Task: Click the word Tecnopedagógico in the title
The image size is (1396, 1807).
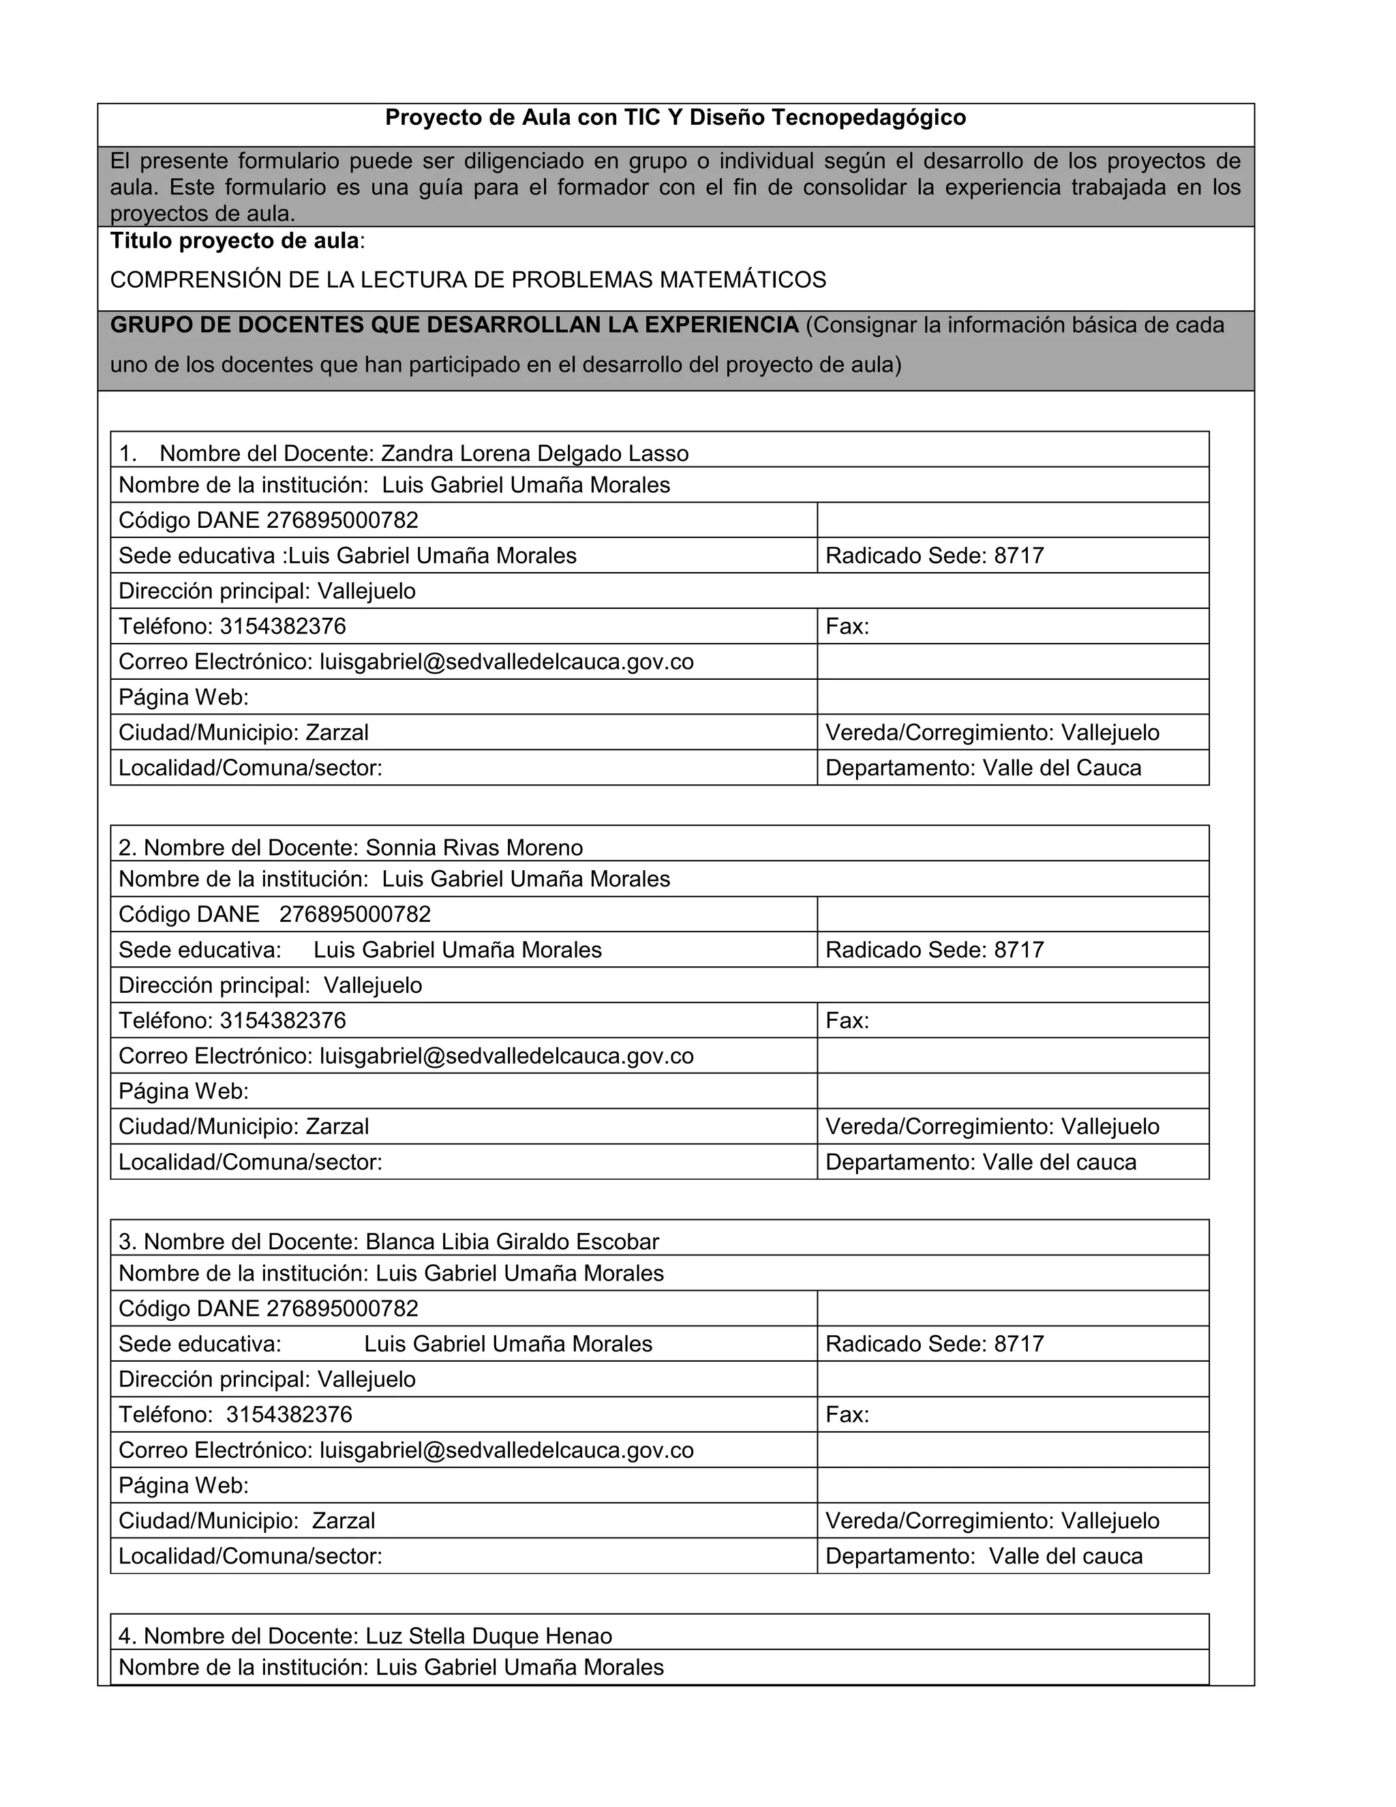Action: [x=868, y=117]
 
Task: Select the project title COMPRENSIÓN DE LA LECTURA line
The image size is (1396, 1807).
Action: [x=468, y=280]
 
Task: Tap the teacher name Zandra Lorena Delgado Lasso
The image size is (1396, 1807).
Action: [x=534, y=453]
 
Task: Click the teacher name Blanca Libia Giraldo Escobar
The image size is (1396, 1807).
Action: [x=512, y=1241]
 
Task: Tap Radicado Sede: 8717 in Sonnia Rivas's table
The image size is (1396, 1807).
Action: [x=935, y=950]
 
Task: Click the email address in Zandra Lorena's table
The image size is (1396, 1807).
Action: [x=506, y=662]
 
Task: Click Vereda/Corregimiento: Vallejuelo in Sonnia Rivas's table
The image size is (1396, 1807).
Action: [x=992, y=1127]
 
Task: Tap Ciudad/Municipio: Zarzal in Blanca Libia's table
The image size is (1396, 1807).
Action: [x=247, y=1521]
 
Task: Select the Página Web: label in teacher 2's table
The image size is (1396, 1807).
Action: [x=183, y=1091]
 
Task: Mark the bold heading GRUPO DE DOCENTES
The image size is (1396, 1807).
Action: [x=454, y=325]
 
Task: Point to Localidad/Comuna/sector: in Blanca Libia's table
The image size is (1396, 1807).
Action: [x=251, y=1556]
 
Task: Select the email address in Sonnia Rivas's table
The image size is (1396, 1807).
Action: [x=506, y=1056]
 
